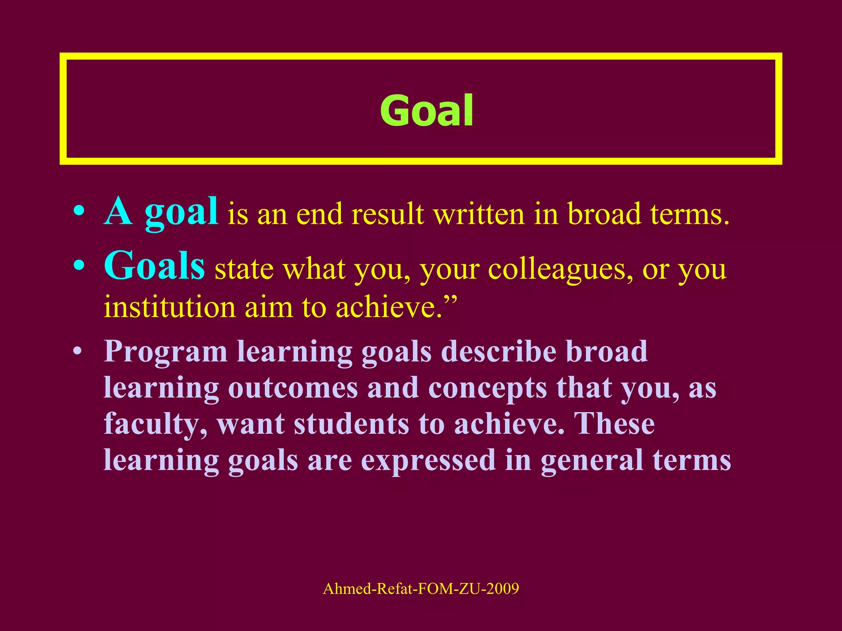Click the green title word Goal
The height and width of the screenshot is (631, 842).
pos(426,110)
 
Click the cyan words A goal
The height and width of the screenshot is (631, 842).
pos(161,212)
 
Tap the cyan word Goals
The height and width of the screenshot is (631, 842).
pos(154,266)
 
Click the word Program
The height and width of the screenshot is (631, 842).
pos(165,352)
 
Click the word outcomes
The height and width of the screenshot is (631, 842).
pos(293,388)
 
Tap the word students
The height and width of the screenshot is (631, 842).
pos(352,424)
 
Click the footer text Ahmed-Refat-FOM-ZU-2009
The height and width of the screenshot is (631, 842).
pos(421,589)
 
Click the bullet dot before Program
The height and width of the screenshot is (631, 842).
pos(77,352)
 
